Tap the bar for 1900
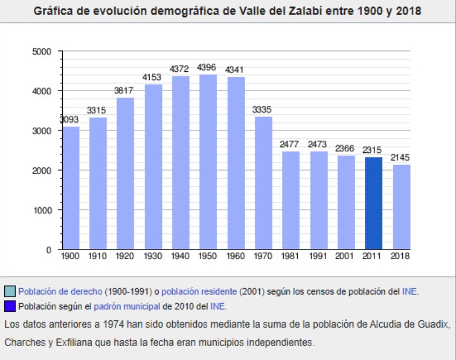coord(70,188)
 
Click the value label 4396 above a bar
coord(208,68)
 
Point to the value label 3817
coord(124,91)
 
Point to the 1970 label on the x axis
coord(263,256)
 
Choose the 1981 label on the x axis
coord(291,256)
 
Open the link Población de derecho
coord(60,292)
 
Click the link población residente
coord(199,292)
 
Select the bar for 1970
coord(263,183)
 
